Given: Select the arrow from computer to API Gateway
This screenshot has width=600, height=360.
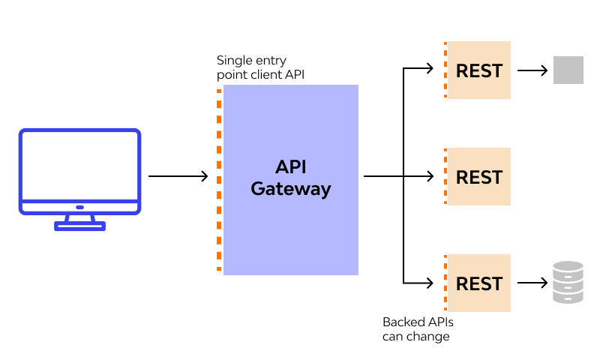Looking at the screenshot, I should (x=178, y=176).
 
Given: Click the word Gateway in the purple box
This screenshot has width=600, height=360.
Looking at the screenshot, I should (x=290, y=189).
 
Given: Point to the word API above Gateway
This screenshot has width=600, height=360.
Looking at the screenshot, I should (x=290, y=166).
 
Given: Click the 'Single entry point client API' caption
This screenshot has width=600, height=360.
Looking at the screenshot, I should (x=259, y=67).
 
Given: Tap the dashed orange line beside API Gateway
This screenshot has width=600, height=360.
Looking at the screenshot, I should (x=219, y=180).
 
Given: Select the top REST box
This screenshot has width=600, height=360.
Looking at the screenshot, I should (x=478, y=70).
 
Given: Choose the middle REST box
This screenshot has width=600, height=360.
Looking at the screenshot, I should (x=478, y=177).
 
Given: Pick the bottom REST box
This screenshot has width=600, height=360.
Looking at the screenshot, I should (x=478, y=283).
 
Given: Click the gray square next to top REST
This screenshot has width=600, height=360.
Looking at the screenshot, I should (x=568, y=70).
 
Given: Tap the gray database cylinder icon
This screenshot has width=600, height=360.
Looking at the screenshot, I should (x=568, y=282).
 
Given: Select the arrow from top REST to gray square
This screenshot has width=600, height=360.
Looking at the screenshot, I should (x=532, y=70).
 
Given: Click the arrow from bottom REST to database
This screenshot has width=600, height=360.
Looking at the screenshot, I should (x=532, y=283).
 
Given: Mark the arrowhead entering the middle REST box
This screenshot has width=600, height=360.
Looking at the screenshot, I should (x=430, y=176).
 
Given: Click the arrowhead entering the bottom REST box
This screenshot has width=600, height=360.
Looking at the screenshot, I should (x=430, y=283).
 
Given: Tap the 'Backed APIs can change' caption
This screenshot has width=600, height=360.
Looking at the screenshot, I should (x=418, y=329).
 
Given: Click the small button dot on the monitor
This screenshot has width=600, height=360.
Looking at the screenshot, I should (x=79, y=207).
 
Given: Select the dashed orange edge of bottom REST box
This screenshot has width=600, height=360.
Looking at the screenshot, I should (x=445, y=283).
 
